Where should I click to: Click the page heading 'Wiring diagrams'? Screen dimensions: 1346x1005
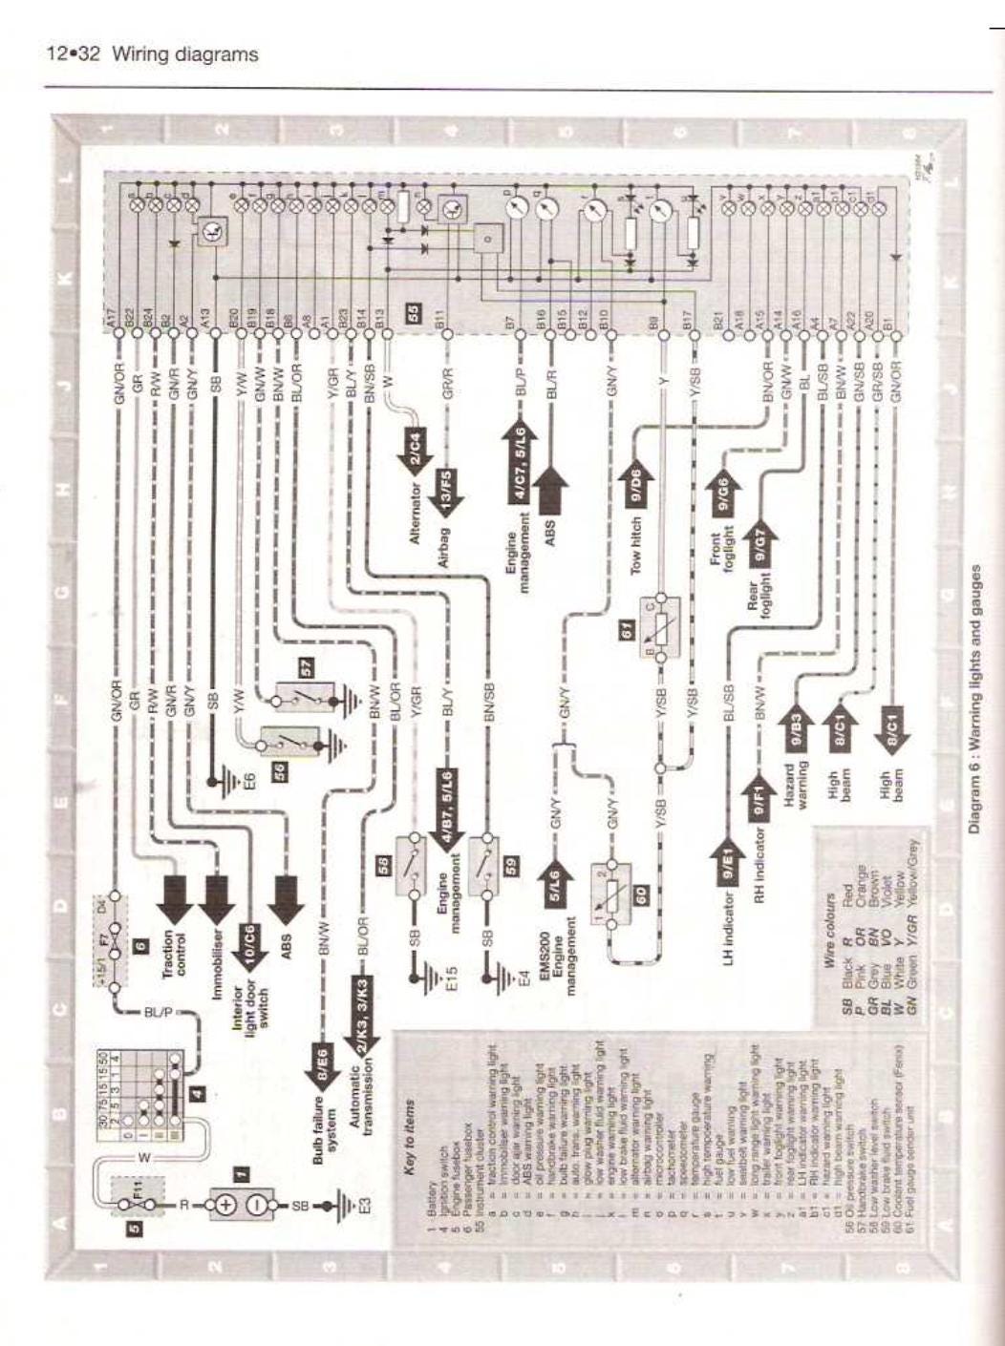(x=185, y=54)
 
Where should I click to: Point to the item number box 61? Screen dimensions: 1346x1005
(x=627, y=629)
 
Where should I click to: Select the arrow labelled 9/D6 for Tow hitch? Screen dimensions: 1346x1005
(x=635, y=479)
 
